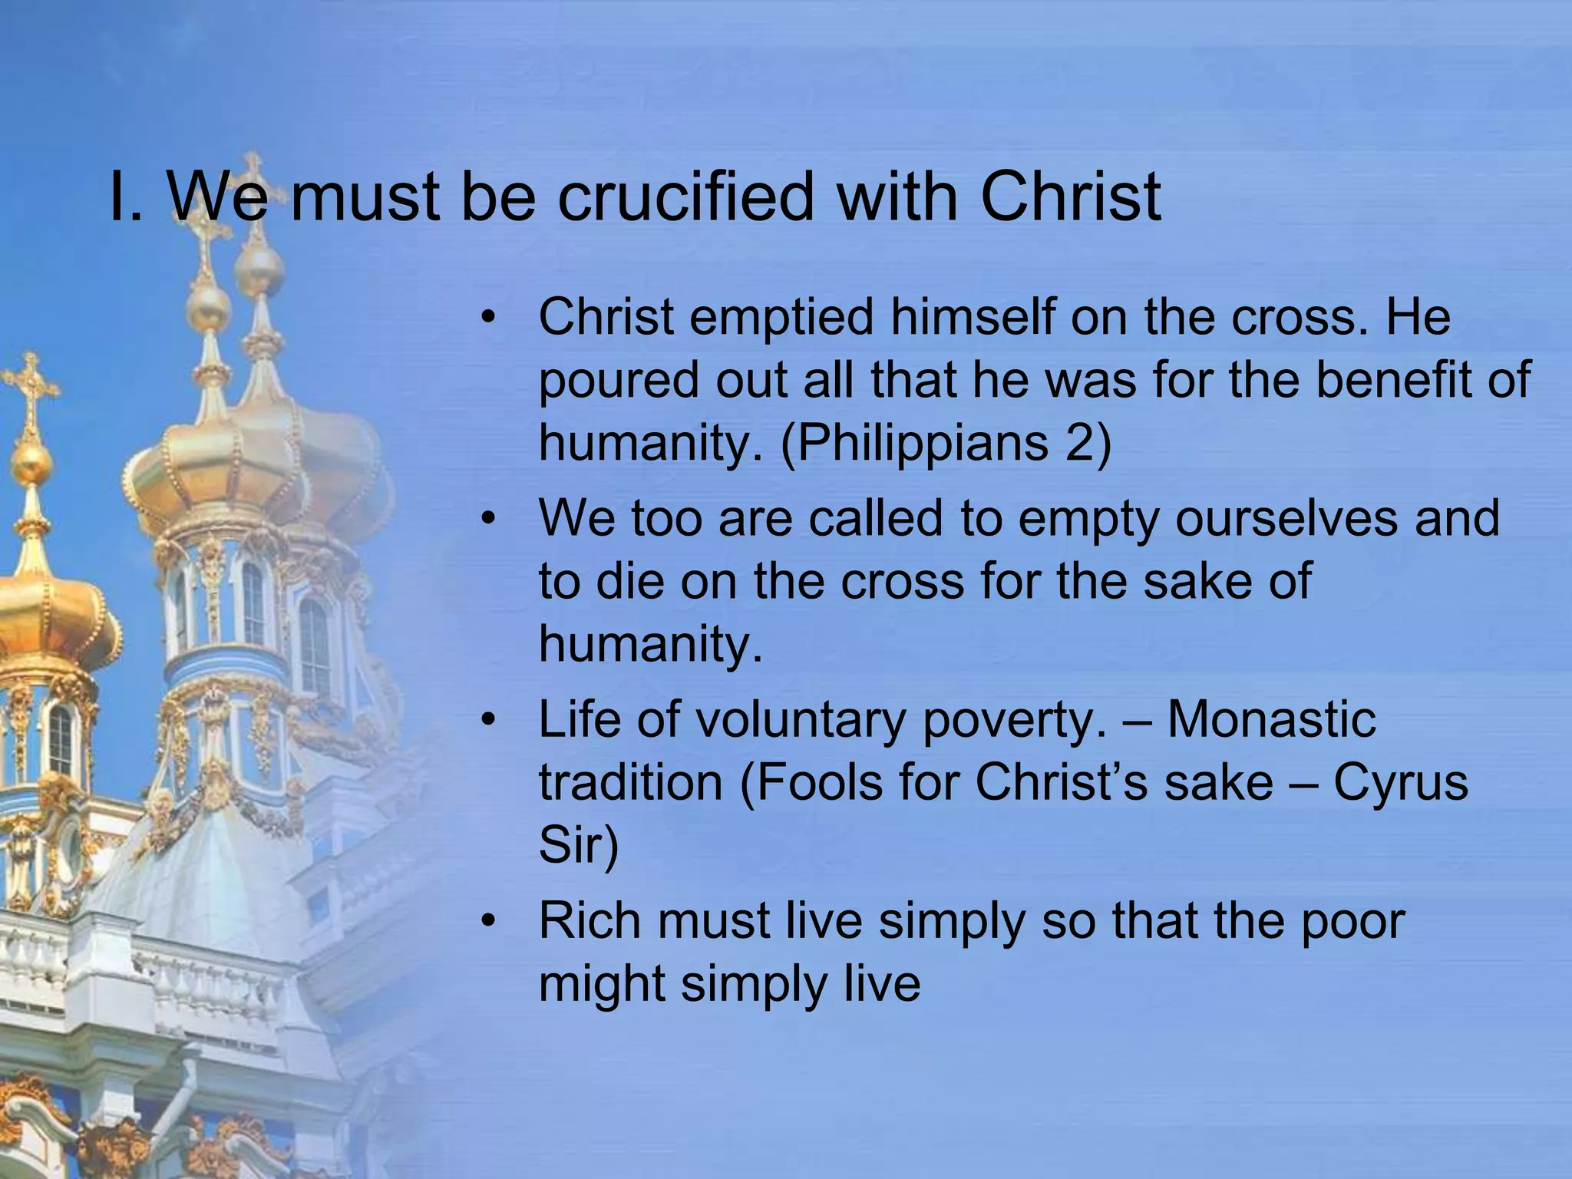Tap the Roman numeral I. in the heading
[x=126, y=197]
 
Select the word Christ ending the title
[x=1070, y=197]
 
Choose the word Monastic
[x=1271, y=720]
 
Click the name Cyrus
[x=1400, y=783]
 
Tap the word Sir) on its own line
[x=578, y=845]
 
